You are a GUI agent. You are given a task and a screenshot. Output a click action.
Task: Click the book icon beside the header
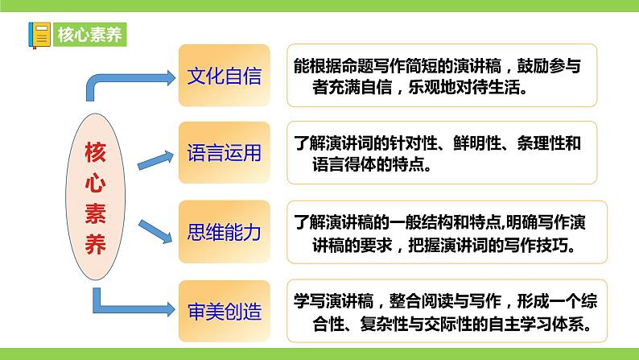coord(38,35)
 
